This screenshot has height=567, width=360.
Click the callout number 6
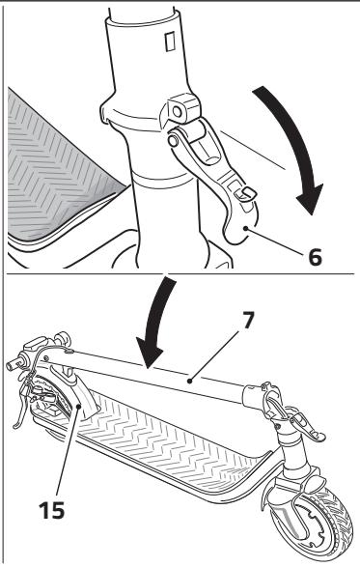point(315,257)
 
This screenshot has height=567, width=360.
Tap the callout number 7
point(248,320)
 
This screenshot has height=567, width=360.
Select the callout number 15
point(52,510)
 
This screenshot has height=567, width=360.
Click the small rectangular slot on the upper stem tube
point(170,41)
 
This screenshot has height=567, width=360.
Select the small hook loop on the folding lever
point(245,194)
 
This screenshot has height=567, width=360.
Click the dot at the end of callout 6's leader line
point(245,228)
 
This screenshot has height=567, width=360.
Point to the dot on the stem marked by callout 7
point(189,381)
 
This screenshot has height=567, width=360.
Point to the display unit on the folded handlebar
point(35,343)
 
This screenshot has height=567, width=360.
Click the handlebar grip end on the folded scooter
point(14,362)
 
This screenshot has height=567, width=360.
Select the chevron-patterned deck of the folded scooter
point(163,443)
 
